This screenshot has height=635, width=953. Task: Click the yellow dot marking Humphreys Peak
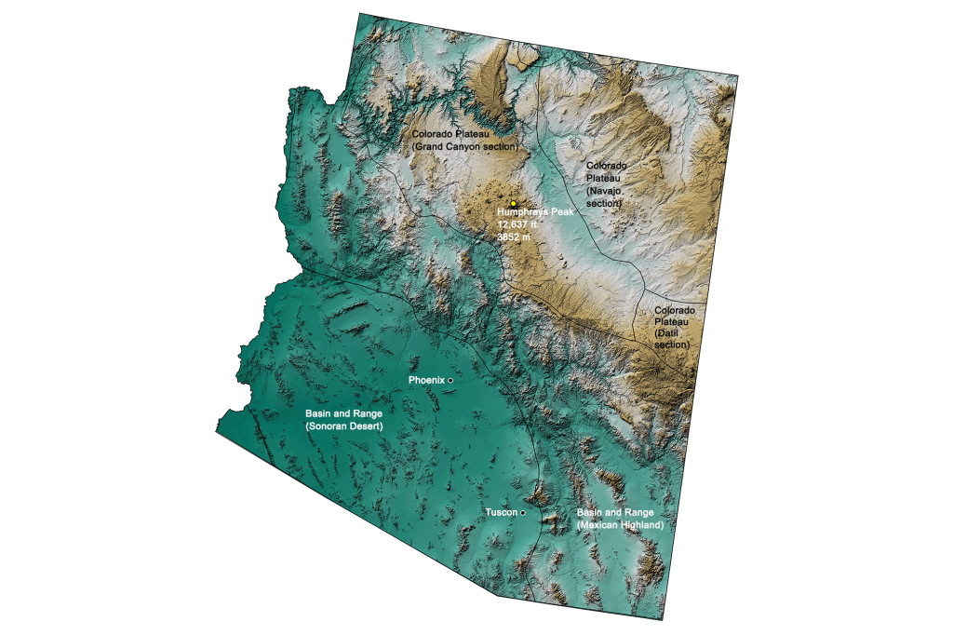pos(513,203)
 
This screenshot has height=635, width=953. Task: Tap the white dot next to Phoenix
pos(450,381)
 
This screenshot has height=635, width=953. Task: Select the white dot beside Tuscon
pos(523,512)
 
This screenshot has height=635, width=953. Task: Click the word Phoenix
pos(427,381)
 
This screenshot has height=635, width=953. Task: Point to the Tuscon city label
pos(502,513)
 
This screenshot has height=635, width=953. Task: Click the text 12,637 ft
pos(518,224)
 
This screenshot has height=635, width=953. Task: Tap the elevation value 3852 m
pos(514,236)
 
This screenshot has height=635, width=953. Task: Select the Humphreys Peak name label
pos(537,212)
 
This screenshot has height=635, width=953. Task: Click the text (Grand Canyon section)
pos(464,146)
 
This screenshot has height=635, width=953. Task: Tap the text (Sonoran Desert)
pos(344,425)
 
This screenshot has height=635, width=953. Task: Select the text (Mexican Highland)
pos(620,525)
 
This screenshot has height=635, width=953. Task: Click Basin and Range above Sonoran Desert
pos(343,412)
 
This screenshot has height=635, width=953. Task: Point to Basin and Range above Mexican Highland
pos(615,513)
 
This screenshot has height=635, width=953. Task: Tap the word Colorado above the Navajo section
pos(606,165)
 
